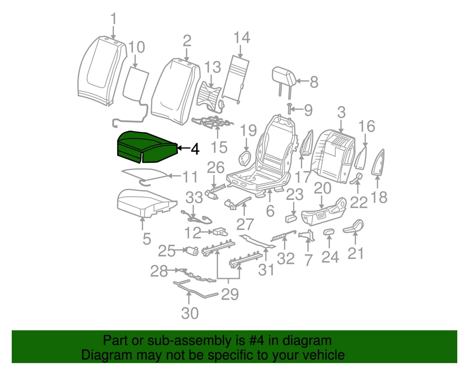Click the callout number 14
[x=241, y=37]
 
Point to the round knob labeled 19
[x=245, y=158]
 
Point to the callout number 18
[x=379, y=197]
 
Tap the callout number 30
[x=190, y=312]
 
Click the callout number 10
[x=136, y=47]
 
